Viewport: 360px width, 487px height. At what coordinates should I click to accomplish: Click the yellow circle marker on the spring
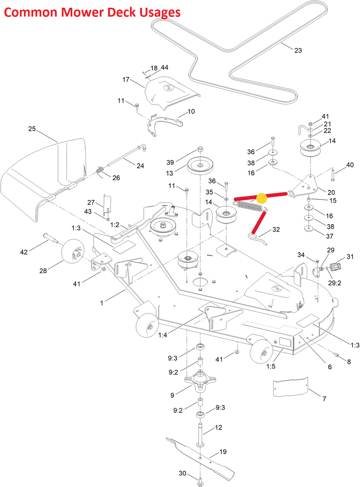pos(262,198)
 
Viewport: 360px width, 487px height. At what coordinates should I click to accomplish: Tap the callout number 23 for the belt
pos(298,51)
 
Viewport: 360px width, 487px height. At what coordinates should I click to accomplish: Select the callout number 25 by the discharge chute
pos(32,129)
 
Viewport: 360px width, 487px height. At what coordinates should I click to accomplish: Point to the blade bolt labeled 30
pos(200,480)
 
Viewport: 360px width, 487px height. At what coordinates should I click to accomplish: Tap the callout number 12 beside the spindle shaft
pos(219,427)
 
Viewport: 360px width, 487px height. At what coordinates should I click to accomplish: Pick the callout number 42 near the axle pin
pos(24,252)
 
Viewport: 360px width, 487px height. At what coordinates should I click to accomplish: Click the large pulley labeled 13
pos(200,165)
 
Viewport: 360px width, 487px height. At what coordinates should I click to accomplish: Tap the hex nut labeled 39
pos(200,149)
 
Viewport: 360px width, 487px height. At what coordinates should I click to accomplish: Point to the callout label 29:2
pos(334,283)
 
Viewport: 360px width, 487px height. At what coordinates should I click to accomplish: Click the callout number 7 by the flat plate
pos(324,399)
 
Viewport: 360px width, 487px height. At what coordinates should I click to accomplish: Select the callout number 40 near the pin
pos(350,165)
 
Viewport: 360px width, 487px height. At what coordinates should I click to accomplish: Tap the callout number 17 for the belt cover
pos(126,80)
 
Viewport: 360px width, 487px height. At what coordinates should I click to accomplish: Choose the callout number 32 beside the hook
pos(276,229)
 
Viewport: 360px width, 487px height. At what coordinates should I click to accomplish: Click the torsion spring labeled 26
pos(100,172)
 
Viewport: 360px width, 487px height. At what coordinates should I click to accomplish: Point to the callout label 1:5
pos(270,366)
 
